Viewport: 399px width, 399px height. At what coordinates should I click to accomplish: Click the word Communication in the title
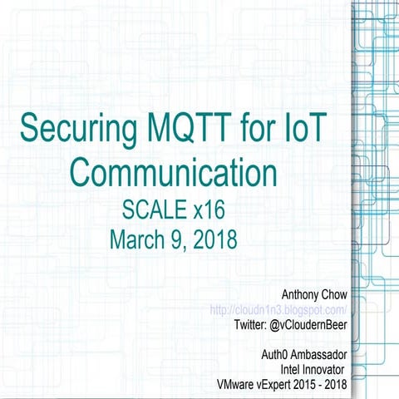point(173,172)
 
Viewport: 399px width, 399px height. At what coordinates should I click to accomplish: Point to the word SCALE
point(152,208)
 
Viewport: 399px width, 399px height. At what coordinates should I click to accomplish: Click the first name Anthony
point(304,293)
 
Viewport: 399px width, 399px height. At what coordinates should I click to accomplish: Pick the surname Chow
point(342,293)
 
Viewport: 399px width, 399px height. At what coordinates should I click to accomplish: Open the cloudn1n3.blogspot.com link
point(283,308)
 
